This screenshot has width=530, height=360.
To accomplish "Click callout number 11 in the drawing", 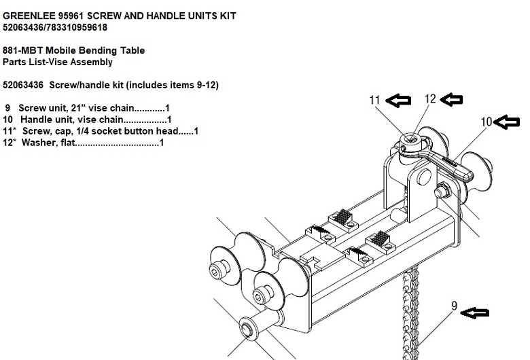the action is [x=374, y=100].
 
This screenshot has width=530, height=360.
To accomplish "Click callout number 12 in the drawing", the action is [x=430, y=98].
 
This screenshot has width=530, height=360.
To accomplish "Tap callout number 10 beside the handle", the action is [x=487, y=122].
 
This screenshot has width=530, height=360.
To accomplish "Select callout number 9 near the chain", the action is [x=455, y=306].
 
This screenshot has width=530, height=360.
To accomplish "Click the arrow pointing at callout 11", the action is [x=398, y=101].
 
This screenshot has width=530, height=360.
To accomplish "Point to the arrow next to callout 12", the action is [x=452, y=99].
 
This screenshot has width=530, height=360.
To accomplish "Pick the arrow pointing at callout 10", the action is [x=507, y=122].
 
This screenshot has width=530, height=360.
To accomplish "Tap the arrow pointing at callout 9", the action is [x=475, y=312].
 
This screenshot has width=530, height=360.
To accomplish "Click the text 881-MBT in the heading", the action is [x=22, y=50].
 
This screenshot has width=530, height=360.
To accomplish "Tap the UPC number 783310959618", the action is [x=77, y=27].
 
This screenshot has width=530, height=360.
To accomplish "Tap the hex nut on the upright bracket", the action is [x=442, y=191].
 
